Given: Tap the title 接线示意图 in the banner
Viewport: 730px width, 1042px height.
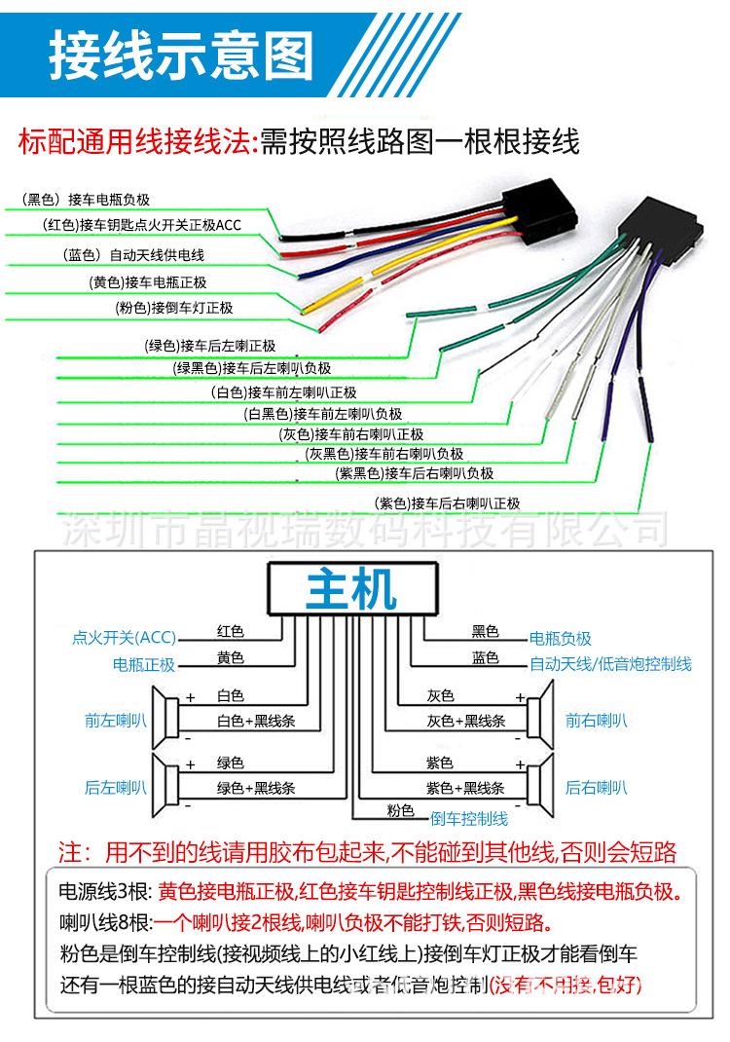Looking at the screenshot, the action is coord(182,56).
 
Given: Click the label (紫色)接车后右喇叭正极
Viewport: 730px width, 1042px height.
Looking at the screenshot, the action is coord(447,503).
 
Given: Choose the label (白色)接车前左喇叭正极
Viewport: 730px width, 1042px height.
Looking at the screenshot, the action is coord(284,392).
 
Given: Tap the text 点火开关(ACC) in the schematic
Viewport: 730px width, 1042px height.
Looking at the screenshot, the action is coord(124,638).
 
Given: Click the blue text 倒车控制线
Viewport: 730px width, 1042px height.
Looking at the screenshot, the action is coord(469,818).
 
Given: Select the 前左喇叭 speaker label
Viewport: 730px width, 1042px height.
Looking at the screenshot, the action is coord(115,721).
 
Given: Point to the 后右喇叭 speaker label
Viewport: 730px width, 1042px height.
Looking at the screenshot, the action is coord(597,787).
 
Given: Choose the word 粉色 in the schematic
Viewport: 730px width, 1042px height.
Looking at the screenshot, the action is coord(400,810).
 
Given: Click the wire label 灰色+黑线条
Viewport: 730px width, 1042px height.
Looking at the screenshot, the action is coord(465,721).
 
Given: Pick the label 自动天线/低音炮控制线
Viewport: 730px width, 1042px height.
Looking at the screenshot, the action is coord(610,664).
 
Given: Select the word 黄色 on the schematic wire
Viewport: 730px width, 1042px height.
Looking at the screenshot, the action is coord(231,658).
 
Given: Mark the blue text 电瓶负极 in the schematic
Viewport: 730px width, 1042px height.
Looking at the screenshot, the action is coord(560,639).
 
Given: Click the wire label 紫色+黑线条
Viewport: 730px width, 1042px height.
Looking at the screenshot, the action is coord(465,787).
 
